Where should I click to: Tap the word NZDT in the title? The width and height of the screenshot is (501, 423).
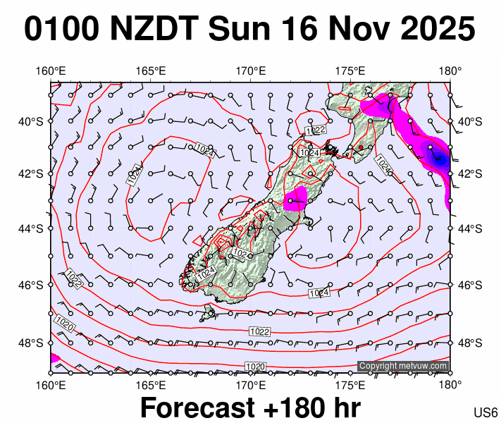pyautogui.click(x=156, y=30)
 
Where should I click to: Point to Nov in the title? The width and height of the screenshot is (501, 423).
pyautogui.click(x=352, y=30)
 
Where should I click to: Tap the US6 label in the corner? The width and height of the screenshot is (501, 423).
pyautogui.click(x=486, y=412)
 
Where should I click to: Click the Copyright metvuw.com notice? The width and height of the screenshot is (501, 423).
pyautogui.click(x=402, y=366)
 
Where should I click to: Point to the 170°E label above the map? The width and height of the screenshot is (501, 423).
pyautogui.click(x=250, y=71)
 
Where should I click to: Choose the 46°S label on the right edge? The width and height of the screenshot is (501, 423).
pyautogui.click(x=469, y=286)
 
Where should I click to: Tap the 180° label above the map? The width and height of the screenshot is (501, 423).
pyautogui.click(x=450, y=71)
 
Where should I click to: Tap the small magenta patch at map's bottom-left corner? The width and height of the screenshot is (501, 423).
pyautogui.click(x=55, y=358)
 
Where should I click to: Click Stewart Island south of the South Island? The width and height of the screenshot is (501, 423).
pyautogui.click(x=208, y=314)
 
